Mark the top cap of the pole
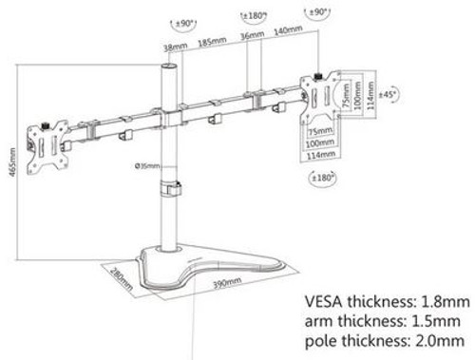pyautogui.click(x=169, y=68)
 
